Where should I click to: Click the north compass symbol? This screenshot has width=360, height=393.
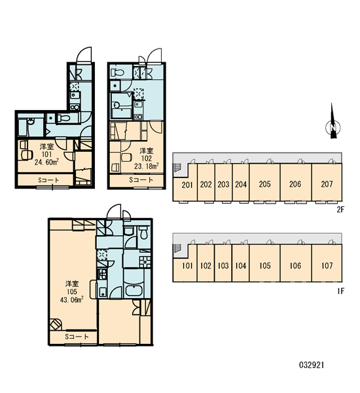click(333, 122)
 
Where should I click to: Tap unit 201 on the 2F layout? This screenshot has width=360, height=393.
click(187, 185)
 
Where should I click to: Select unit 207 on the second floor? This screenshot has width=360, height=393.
click(327, 184)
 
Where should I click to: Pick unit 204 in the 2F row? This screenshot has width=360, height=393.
click(241, 185)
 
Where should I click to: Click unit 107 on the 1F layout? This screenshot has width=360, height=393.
click(327, 265)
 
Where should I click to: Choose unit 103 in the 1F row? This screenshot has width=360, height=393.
click(223, 266)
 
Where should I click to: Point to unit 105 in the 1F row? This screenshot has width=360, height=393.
click(265, 265)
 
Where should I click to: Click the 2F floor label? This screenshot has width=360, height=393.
click(340, 210)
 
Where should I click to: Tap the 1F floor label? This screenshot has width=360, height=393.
click(340, 291)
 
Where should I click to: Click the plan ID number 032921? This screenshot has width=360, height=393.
click(312, 365)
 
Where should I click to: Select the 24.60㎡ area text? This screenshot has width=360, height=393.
click(46, 162)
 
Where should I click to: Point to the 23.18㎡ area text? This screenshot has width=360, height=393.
click(147, 166)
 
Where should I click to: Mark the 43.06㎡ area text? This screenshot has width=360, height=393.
click(71, 299)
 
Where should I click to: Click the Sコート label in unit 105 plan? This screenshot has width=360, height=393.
click(77, 337)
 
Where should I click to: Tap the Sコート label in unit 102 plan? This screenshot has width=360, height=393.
click(141, 179)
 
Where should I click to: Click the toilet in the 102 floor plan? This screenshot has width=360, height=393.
click(117, 73)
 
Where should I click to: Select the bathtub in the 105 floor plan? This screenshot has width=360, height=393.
click(134, 290)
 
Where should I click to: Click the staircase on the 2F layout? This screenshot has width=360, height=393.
click(177, 167)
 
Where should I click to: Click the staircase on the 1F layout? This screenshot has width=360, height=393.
click(177, 248)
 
